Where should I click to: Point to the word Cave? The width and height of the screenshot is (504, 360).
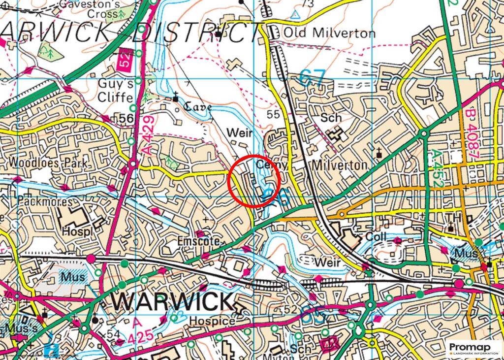click(198, 107)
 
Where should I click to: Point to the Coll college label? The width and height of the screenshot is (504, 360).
click(376, 237)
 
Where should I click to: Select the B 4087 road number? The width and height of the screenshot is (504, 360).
click(472, 134)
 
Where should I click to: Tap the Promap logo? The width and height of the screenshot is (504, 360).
click(473, 348)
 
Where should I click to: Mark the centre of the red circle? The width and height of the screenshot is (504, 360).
click(254, 181)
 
